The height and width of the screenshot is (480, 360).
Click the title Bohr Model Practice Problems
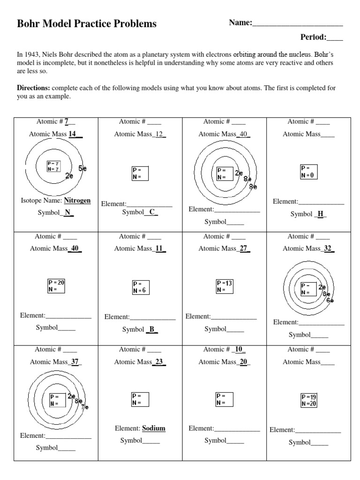pos(87,24)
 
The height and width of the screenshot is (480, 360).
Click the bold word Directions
pos(33,88)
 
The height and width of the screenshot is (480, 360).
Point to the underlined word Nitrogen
pos(77,200)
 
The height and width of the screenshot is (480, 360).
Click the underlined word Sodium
pos(154,428)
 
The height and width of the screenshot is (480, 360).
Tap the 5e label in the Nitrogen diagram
pos(82,168)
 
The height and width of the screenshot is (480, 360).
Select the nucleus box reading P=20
pos(56,286)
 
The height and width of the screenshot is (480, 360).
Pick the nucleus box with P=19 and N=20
pos(309,400)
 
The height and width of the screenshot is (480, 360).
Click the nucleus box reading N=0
pos(309,172)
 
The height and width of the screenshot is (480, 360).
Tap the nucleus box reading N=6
pos(140,287)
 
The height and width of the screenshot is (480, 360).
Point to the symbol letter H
pos(321,214)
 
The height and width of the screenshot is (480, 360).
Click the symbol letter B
pos(152,329)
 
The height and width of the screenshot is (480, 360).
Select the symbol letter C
pos(152,212)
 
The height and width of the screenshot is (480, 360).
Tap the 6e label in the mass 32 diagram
pos(330,300)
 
